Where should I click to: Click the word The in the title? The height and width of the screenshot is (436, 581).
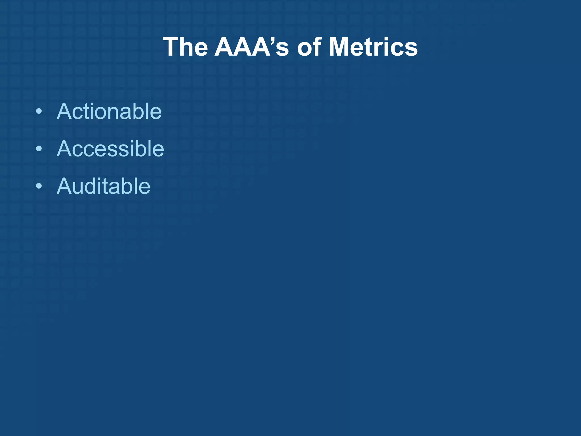[186, 47]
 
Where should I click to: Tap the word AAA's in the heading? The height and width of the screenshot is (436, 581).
[251, 47]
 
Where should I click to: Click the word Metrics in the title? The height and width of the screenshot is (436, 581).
[373, 47]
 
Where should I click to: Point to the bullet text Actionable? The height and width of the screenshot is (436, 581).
[109, 111]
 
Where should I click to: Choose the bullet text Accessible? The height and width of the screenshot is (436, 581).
[110, 149]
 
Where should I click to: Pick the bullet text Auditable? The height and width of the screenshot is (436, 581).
[104, 186]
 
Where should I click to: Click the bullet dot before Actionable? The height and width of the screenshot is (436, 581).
[39, 111]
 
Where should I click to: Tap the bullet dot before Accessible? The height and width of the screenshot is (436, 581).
[39, 149]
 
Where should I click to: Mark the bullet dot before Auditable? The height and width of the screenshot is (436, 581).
[39, 186]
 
